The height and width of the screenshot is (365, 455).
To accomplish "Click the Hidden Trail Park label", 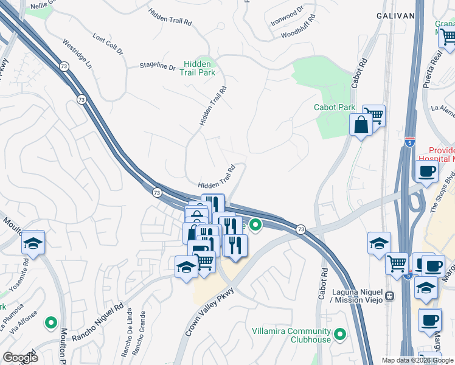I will (x=197, y=68).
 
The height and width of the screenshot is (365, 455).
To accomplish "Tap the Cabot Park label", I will (x=334, y=107).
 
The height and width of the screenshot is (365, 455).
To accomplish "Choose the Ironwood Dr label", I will (x=287, y=19).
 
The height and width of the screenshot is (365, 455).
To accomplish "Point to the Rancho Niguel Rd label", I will (x=98, y=321).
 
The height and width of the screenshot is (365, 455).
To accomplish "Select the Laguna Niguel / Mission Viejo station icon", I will (x=389, y=296).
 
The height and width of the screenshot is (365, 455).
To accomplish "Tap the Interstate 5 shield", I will (x=410, y=143).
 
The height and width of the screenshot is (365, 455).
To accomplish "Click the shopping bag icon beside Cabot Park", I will (x=361, y=125).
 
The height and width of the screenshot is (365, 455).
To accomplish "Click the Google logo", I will (x=20, y=358).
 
